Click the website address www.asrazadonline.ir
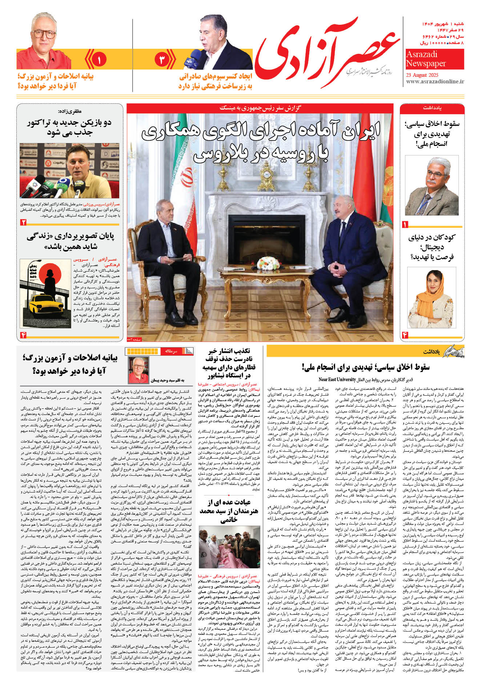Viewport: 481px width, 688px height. point(435,82)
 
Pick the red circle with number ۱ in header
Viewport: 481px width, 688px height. point(99,59)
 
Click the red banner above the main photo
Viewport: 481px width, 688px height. point(260,108)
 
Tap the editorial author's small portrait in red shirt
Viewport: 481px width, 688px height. point(139,370)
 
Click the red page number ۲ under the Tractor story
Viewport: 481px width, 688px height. point(24,222)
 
